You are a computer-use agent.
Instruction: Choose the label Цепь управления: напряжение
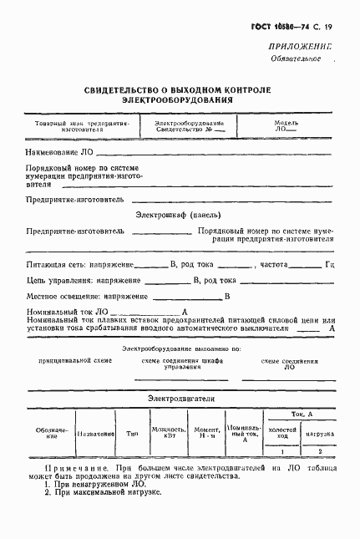[x=70, y=280]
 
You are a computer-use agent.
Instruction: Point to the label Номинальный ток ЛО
[x=64, y=313]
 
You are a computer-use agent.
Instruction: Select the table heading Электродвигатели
[x=180, y=399]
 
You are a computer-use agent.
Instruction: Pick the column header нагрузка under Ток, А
[x=318, y=435]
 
